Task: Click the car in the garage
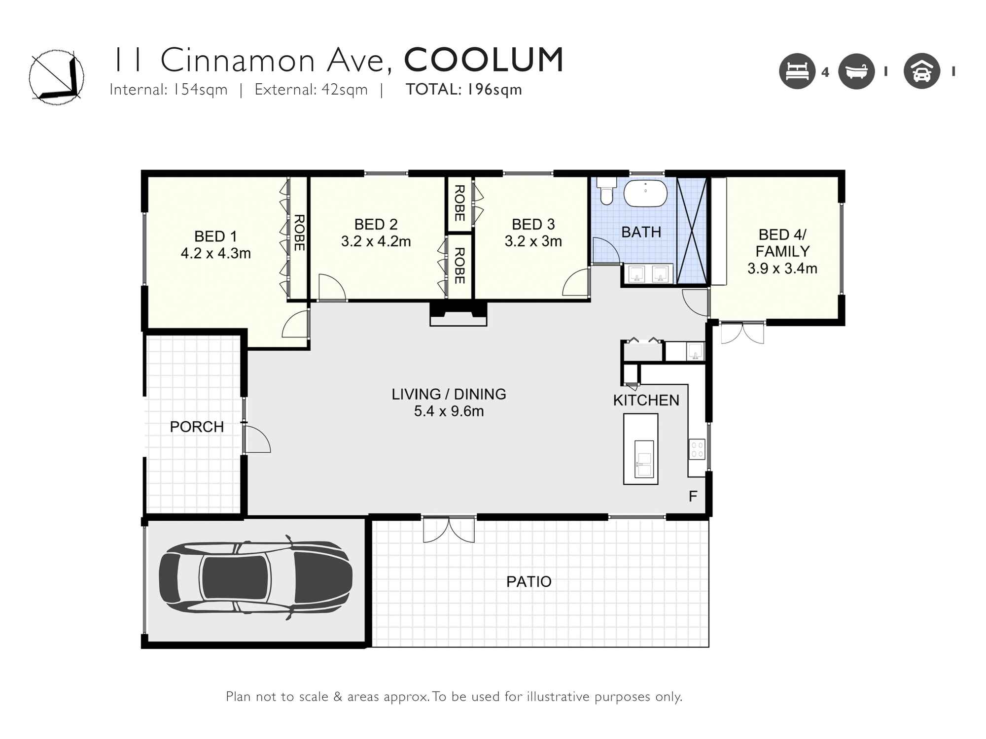pyautogui.click(x=255, y=577)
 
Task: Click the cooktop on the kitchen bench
pyautogui.click(x=697, y=449)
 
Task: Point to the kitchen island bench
pyautogui.click(x=640, y=449)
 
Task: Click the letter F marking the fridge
pyautogui.click(x=693, y=496)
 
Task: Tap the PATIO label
pyautogui.click(x=528, y=581)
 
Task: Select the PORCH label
pyautogui.click(x=197, y=427)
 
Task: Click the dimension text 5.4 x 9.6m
pyautogui.click(x=449, y=411)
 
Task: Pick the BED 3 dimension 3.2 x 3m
pyautogui.click(x=533, y=241)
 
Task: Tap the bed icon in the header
pyautogui.click(x=797, y=71)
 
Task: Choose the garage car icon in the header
pyautogui.click(x=921, y=71)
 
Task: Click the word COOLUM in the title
pyautogui.click(x=484, y=60)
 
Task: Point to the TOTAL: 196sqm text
pyautogui.click(x=463, y=90)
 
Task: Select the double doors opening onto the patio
pyautogui.click(x=449, y=530)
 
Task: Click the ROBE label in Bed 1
pyautogui.click(x=299, y=233)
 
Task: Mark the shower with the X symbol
pyautogui.click(x=692, y=231)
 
